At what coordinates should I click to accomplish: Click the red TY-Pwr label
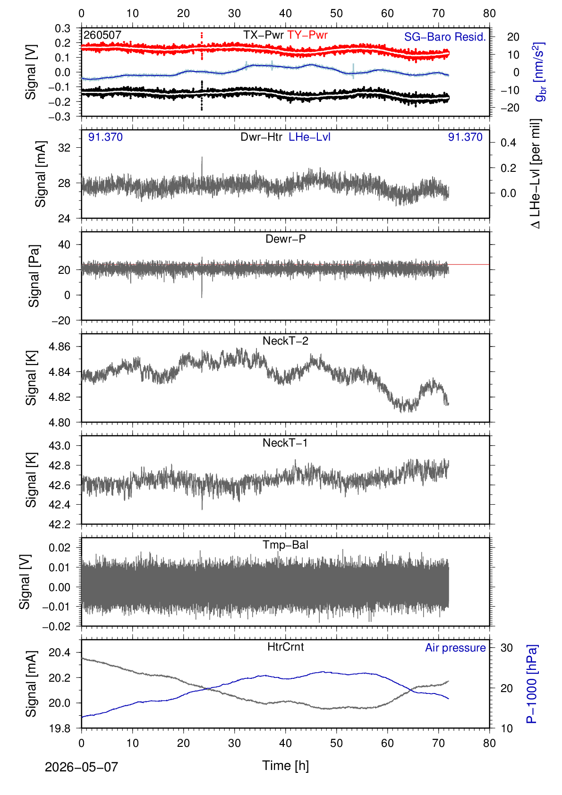click(307, 35)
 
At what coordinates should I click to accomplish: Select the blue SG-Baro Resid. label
click(445, 37)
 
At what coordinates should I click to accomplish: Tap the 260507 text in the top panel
click(102, 35)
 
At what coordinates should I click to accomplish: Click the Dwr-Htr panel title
click(261, 137)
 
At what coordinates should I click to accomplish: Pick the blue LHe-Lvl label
click(309, 137)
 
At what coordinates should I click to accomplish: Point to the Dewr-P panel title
click(285, 239)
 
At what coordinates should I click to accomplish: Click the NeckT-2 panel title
click(285, 341)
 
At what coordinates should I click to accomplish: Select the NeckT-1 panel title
click(285, 442)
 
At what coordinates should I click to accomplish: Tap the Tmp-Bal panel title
click(285, 544)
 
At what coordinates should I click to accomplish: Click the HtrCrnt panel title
click(285, 647)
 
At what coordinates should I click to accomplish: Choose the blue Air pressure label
click(455, 648)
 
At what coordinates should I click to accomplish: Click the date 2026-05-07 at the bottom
click(81, 767)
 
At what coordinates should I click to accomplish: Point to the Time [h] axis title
click(285, 766)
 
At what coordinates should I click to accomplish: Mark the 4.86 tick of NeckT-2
click(60, 347)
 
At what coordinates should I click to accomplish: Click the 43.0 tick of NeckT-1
click(60, 446)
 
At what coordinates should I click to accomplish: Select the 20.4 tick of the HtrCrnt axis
click(60, 652)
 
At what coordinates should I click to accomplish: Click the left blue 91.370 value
click(105, 137)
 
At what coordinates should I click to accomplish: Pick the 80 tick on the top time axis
click(489, 14)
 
